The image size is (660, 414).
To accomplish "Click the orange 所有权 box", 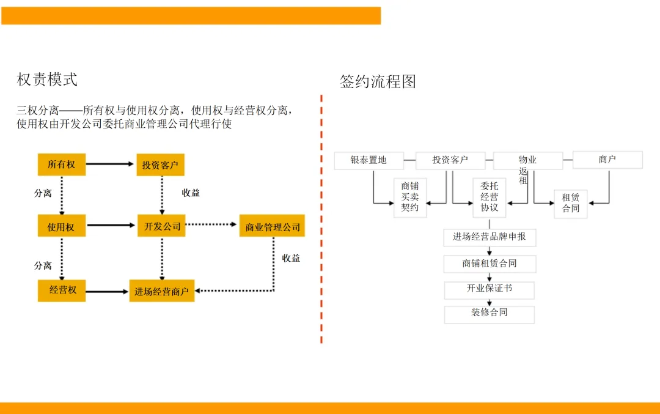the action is [62, 164].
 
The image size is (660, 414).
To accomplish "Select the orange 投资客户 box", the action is [160, 164].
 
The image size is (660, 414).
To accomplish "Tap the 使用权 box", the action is [62, 226].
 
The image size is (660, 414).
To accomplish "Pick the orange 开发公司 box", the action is [161, 226].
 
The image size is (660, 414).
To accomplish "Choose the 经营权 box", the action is [62, 290].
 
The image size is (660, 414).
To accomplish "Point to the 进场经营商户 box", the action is [161, 290].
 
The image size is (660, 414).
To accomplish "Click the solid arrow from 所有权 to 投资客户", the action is [110, 164].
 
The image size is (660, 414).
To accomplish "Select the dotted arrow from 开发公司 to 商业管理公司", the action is [211, 224].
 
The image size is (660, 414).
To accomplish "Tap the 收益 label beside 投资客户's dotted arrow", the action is [191, 193].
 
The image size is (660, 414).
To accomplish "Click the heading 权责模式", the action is [47, 79].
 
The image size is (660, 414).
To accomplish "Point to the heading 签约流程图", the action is [378, 81].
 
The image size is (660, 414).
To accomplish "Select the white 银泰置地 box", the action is [369, 160].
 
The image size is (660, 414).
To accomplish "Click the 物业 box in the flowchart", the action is [528, 160].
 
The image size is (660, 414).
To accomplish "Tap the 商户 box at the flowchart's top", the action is [607, 160].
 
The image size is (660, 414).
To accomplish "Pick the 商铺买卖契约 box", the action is [410, 198].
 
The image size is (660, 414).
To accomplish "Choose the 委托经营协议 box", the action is [489, 198].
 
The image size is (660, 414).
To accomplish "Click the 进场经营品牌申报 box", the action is [490, 237].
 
